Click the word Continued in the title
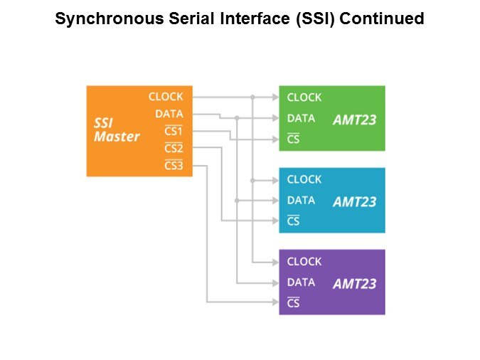(382, 19)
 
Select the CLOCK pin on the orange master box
(166, 97)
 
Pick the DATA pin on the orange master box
(169, 114)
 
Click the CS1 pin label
(174, 132)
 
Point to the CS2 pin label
(174, 149)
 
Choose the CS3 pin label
(174, 166)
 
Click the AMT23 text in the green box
(354, 120)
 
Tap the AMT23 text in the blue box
(354, 202)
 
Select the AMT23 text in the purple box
(354, 284)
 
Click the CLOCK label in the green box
(304, 98)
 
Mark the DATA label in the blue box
(301, 201)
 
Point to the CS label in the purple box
(293, 304)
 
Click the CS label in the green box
(293, 139)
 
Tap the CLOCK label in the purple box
(304, 262)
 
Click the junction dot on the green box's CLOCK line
(252, 97)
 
